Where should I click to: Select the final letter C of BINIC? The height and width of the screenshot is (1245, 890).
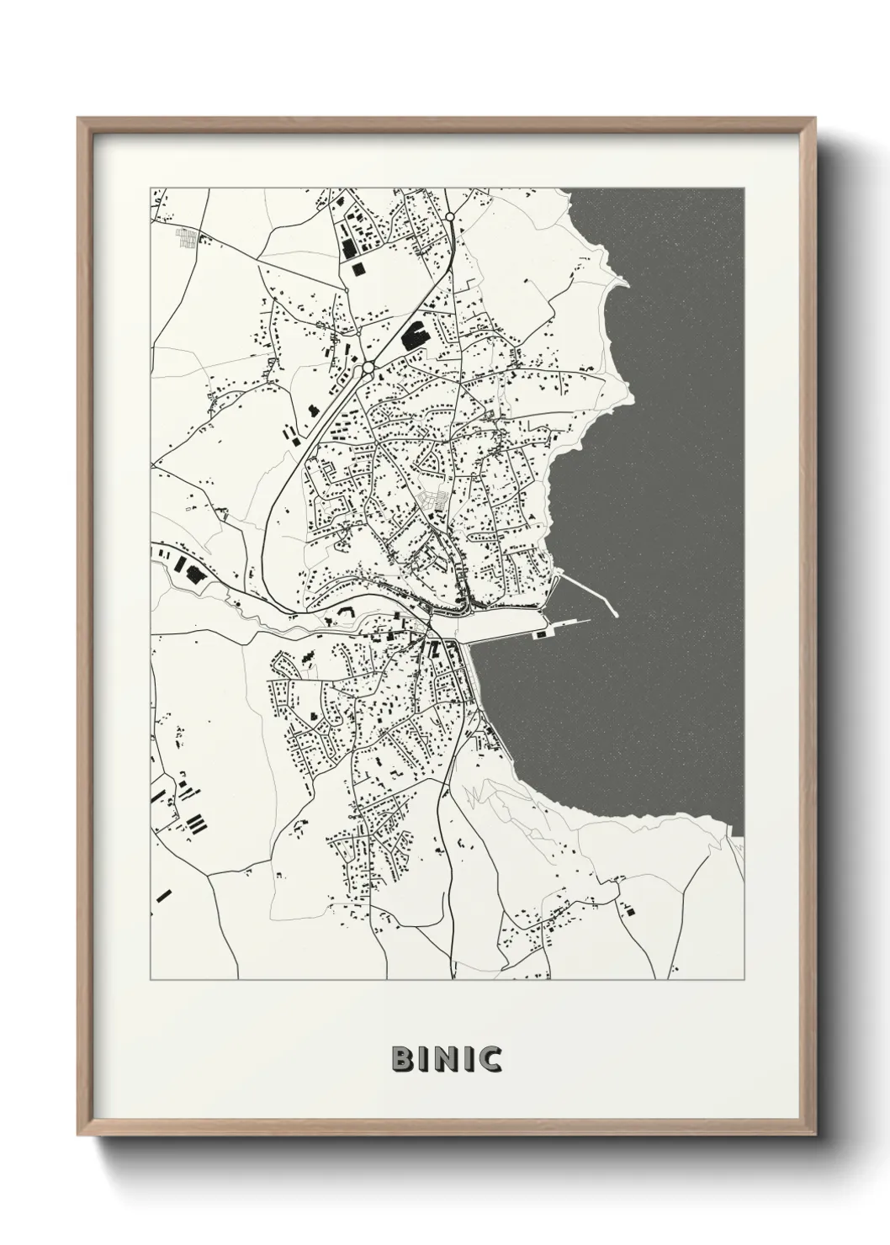click(490, 1059)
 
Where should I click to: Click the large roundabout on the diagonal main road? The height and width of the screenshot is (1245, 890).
click(368, 368)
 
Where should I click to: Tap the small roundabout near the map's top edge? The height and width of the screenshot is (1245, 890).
click(451, 217)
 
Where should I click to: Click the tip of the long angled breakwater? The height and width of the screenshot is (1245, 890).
click(615, 612)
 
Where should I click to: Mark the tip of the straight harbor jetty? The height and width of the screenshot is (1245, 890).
click(587, 622)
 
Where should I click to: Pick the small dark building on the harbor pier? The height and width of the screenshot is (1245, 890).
click(543, 628)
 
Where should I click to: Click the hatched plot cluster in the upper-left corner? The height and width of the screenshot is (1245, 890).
click(187, 237)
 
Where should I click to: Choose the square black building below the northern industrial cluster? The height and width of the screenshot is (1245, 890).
click(360, 268)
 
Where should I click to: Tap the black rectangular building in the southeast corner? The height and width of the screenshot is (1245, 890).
click(628, 907)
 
